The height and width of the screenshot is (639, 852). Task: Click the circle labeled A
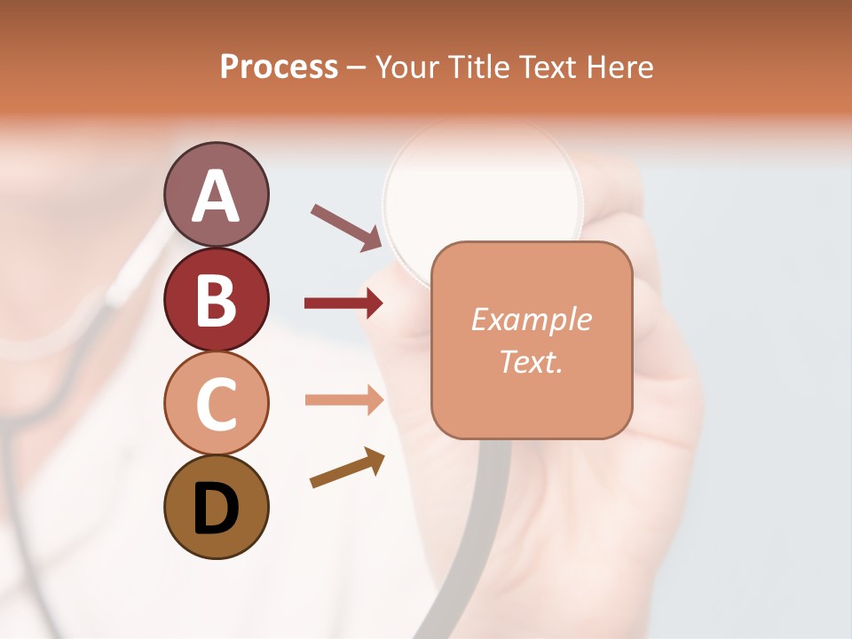click(216, 194)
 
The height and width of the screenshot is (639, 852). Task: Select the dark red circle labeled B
click(216, 299)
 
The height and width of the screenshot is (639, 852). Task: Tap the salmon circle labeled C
click(216, 403)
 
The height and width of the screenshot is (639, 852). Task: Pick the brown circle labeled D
click(216, 507)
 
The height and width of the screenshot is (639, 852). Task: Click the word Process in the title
click(279, 67)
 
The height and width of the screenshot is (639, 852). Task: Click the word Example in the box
click(531, 319)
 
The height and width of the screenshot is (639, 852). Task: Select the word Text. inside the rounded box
click(531, 361)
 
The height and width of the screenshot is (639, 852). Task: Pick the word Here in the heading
click(620, 67)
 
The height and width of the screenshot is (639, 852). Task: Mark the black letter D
click(216, 509)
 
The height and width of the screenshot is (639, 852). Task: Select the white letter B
click(216, 300)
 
